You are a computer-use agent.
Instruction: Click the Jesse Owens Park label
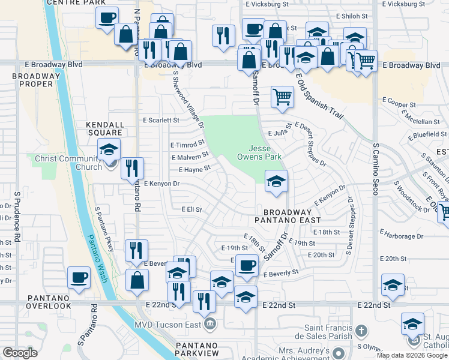[x=265, y=152]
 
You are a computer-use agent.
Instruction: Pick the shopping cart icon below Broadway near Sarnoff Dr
[x=282, y=96]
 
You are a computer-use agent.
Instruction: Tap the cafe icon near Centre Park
[x=107, y=18]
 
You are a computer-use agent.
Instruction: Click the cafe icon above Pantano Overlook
[x=79, y=277]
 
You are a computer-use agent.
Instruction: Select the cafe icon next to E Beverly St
[x=246, y=265]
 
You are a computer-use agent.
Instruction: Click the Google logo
[x=20, y=353]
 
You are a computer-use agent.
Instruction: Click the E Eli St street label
[x=191, y=210]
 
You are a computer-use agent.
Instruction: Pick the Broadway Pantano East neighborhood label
[x=287, y=216]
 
